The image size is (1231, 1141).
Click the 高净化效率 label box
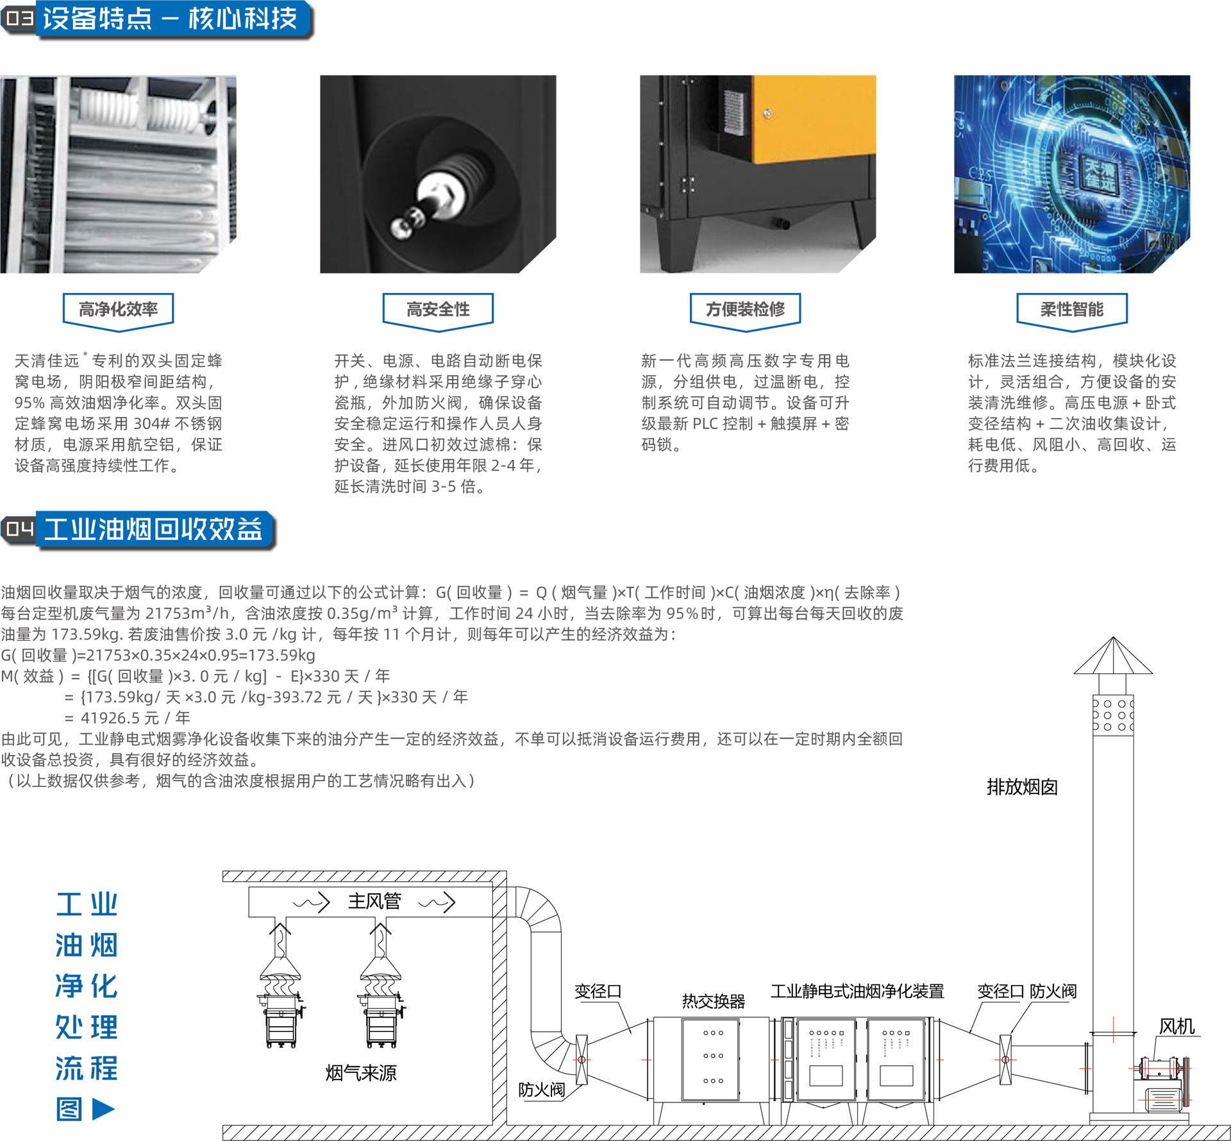pos(118,310)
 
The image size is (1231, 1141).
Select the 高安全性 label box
pos(438,310)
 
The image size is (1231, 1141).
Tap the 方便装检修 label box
pos(746,310)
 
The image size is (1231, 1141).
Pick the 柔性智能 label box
pos(1072,310)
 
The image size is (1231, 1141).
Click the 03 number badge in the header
pos(19,19)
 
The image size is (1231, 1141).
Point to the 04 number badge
pos(19,529)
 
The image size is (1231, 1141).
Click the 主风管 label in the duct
pos(374,901)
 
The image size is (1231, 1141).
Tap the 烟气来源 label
pos(361,1073)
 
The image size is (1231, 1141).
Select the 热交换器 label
pos(714,1001)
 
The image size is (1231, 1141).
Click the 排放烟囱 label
pos(1022,787)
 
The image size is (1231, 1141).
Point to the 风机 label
pos(1177,1027)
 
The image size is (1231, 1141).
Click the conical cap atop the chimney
pos(1113,655)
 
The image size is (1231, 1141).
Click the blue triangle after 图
pos(103,1109)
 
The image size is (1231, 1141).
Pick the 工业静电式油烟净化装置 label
pos(857,992)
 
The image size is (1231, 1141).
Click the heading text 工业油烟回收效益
pos(153,530)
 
